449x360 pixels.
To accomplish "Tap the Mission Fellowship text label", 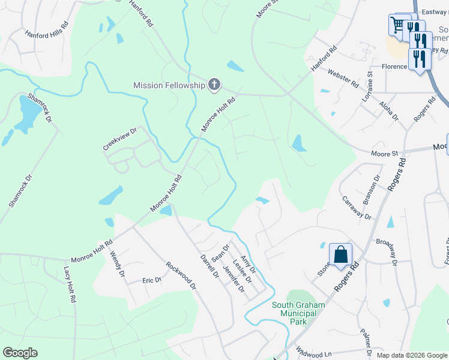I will [x=170, y=85].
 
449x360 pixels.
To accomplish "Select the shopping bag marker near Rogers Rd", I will [x=340, y=254].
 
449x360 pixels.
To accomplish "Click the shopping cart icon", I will [x=397, y=25].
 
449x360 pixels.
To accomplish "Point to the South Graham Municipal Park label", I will [x=298, y=313].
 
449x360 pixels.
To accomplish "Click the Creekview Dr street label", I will [x=120, y=138].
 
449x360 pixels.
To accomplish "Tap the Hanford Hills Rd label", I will [x=47, y=31].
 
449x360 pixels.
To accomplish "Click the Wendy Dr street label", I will [x=116, y=264].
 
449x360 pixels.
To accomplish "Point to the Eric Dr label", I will [x=152, y=280].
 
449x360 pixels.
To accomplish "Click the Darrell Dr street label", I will [x=209, y=266].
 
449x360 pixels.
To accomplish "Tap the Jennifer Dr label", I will [x=234, y=280].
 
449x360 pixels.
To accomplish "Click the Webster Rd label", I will [x=343, y=78].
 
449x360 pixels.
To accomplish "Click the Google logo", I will [x=20, y=353].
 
